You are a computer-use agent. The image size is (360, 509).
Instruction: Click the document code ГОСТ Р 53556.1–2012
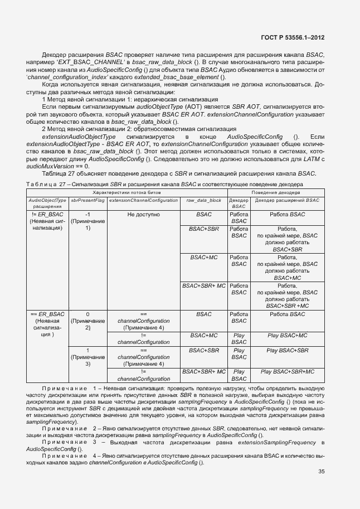[293, 38]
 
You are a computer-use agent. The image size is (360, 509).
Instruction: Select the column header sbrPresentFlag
[87, 200]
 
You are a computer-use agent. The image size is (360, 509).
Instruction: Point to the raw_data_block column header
[203, 200]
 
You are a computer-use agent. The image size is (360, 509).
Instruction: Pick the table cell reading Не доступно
[143, 214]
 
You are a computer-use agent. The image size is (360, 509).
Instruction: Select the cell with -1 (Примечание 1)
[87, 221]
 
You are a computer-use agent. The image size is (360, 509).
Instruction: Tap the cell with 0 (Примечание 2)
[87, 321]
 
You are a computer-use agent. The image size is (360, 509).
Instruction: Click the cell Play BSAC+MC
[287, 335]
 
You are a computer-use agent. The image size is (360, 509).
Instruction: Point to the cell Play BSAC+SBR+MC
[287, 371]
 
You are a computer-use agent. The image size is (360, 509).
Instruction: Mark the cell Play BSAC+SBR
[287, 350]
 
